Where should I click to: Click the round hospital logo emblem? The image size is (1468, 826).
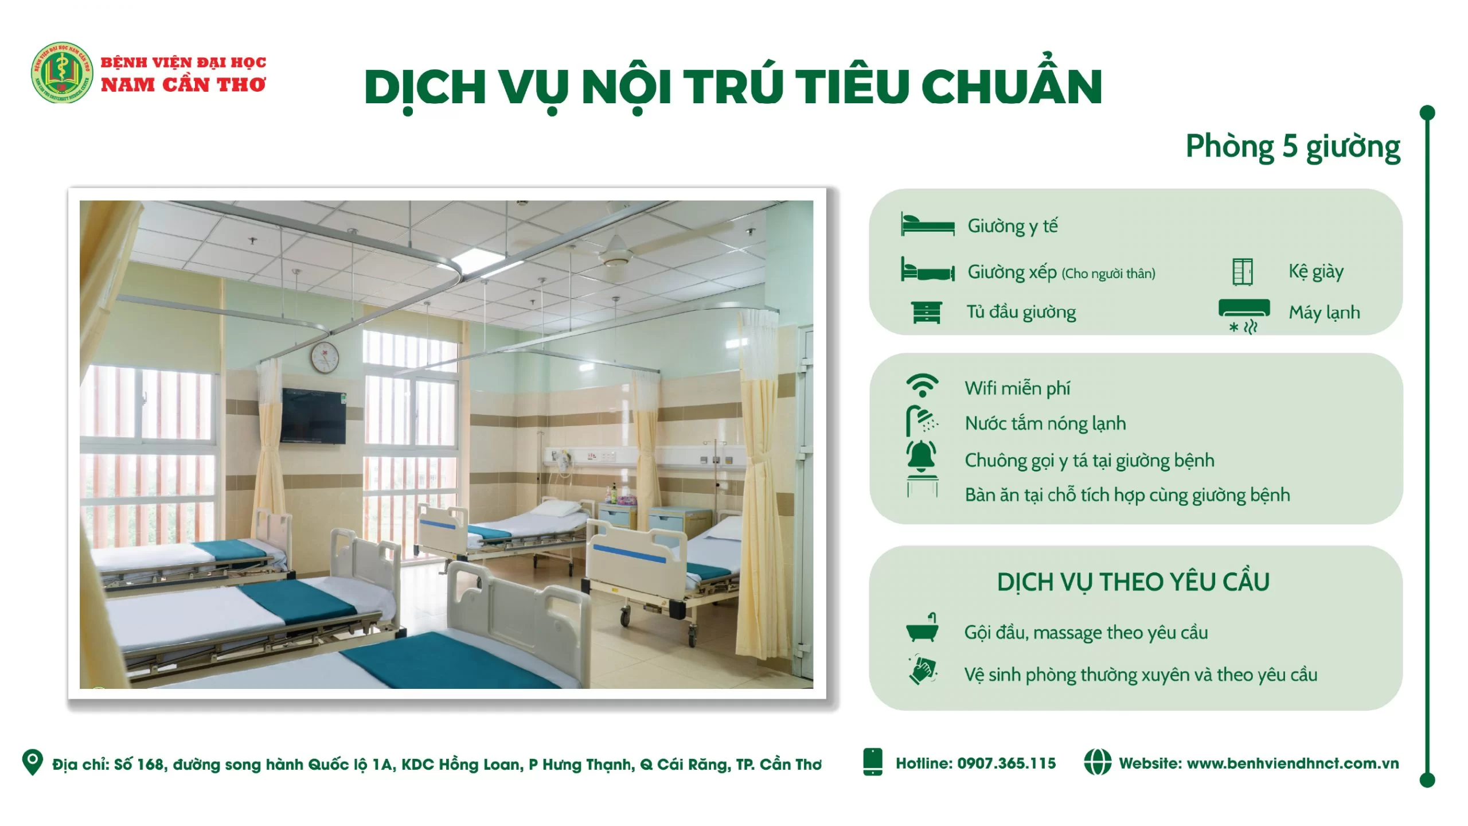[61, 73]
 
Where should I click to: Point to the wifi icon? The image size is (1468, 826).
[922, 385]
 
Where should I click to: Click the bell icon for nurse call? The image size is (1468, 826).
[922, 457]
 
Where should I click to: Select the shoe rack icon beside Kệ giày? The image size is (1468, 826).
[1243, 272]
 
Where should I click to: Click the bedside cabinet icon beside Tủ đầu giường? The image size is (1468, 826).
[926, 313]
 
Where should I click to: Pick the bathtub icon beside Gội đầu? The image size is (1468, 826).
[922, 628]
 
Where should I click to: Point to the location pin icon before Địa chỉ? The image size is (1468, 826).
[32, 762]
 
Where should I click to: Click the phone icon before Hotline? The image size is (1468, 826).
[872, 762]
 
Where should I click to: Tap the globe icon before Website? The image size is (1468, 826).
[1098, 762]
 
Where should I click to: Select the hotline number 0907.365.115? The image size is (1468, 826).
[1006, 763]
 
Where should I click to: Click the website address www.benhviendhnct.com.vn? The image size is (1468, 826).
[1293, 763]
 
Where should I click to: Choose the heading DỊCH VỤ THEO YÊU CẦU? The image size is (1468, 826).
[1133, 582]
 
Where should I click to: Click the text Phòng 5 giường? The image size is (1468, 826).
[1293, 147]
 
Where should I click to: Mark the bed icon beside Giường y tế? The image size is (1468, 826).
[927, 224]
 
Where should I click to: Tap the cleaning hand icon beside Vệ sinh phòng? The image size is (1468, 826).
[922, 669]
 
